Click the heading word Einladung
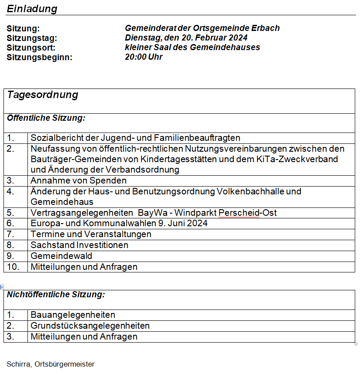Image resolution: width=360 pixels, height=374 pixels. click(x=32, y=9)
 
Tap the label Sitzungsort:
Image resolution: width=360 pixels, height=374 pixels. click(x=31, y=48)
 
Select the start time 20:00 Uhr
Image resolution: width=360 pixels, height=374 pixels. click(x=144, y=57)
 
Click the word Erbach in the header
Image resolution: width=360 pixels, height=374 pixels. click(x=265, y=28)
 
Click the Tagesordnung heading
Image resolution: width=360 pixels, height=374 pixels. click(x=43, y=95)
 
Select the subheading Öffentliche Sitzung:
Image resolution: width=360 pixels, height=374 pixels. click(x=46, y=118)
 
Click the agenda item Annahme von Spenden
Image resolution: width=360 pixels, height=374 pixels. click(x=78, y=180)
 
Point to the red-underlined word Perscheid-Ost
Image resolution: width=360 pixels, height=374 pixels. click(x=248, y=213)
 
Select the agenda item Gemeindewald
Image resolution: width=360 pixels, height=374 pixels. click(x=61, y=256)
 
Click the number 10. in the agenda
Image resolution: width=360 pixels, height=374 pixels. click(x=13, y=267)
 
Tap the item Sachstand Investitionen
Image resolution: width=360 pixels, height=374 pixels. click(x=79, y=245)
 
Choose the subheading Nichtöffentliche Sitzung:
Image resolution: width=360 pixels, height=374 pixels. click(x=56, y=295)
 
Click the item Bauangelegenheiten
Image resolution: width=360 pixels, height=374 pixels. click(x=73, y=315)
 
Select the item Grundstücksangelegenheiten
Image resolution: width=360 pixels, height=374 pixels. click(x=90, y=326)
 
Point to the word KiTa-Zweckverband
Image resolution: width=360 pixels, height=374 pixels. click(x=302, y=159)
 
